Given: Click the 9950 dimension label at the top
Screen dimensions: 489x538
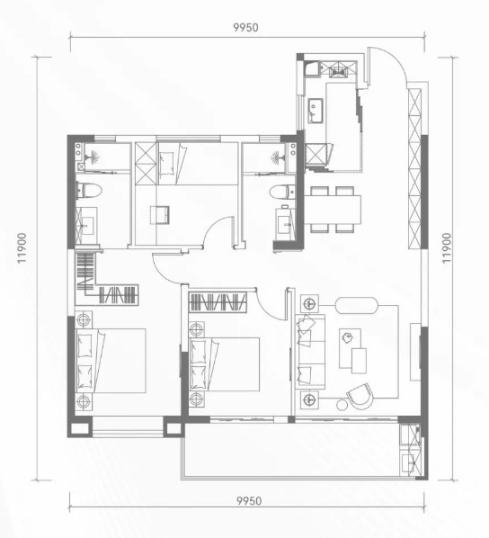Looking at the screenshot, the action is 245,27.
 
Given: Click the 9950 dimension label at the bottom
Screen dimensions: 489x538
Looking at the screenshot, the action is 249,500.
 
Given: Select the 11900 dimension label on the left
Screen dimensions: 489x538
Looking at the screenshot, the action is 22,248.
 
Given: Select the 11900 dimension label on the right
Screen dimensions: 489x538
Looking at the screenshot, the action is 447,248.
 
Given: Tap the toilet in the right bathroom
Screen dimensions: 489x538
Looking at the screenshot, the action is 282,193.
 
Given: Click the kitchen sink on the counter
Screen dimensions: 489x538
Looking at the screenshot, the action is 316,110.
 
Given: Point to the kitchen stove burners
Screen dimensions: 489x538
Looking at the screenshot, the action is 337,70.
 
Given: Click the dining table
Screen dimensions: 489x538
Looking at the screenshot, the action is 333,210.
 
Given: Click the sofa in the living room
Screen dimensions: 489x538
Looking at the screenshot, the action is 310,352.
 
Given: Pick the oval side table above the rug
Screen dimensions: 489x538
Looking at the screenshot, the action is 357,305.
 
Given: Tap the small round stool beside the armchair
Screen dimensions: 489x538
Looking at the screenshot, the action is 342,405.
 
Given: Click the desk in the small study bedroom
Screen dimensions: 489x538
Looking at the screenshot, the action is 160,215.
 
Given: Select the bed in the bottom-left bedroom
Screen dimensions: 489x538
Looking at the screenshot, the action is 111,361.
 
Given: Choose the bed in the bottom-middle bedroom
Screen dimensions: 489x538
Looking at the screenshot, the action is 224,364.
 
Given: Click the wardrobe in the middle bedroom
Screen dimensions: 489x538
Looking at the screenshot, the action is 218,302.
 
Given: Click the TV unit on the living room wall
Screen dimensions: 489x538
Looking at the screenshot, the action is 415,352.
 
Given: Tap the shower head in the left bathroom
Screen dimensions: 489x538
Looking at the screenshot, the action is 92,157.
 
